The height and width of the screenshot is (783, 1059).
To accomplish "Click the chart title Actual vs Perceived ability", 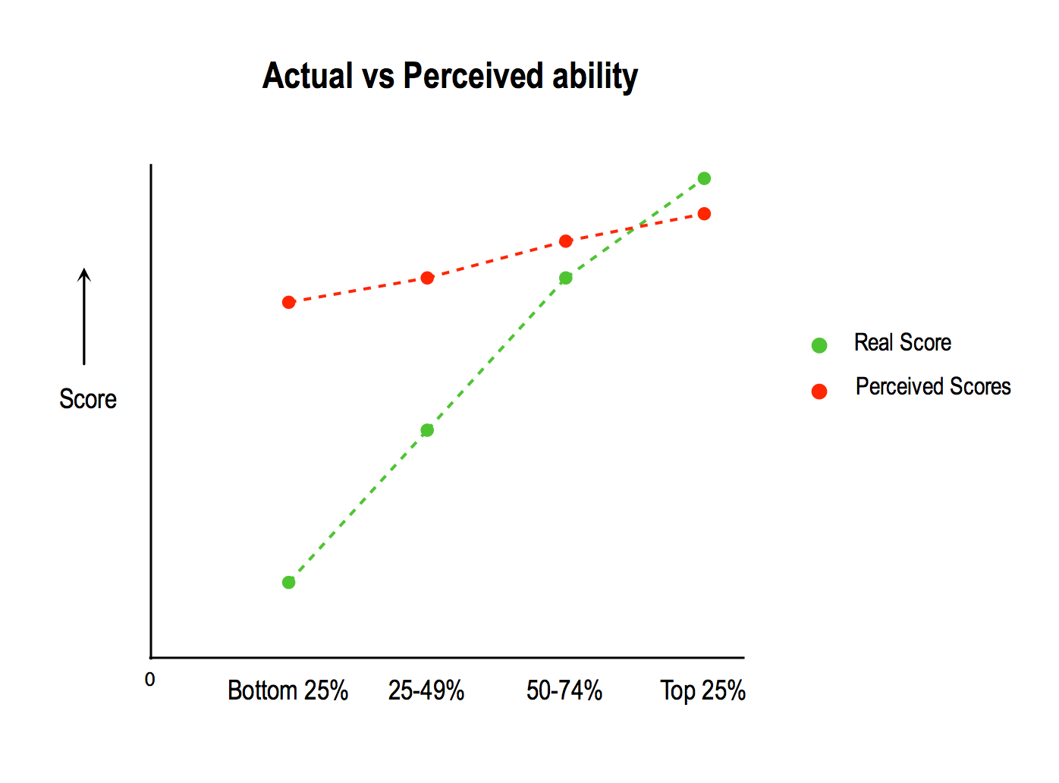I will [x=450, y=77].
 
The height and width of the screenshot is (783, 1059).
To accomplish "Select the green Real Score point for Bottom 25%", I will [x=288, y=582].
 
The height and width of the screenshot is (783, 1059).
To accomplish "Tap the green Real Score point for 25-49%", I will [x=427, y=430].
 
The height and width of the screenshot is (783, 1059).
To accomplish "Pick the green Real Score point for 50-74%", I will [x=565, y=278].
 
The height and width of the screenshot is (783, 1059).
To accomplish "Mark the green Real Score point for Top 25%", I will [x=704, y=178].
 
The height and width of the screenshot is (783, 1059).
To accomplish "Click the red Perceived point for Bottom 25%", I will [x=288, y=302].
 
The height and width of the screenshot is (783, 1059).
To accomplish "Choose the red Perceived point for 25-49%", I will [x=427, y=278].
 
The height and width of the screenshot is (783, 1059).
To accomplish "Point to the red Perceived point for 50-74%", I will [x=565, y=241].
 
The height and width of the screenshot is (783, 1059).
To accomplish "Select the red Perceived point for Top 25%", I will [x=704, y=214].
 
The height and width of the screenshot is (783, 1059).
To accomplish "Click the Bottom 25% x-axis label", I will [x=288, y=690].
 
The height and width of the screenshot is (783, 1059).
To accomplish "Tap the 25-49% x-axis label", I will [x=426, y=690].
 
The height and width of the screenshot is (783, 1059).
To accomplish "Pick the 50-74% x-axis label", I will [x=564, y=690].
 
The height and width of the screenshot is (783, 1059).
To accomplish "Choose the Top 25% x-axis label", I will [x=702, y=690].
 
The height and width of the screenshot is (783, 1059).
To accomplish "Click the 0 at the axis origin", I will [x=149, y=679].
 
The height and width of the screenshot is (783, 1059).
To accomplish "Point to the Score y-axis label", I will [x=88, y=399].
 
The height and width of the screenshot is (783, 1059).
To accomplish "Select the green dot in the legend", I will [x=819, y=345].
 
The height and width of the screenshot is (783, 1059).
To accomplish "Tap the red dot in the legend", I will [x=819, y=391].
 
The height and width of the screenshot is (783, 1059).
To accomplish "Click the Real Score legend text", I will [x=902, y=343].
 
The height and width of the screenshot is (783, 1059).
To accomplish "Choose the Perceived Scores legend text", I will [x=932, y=387].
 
